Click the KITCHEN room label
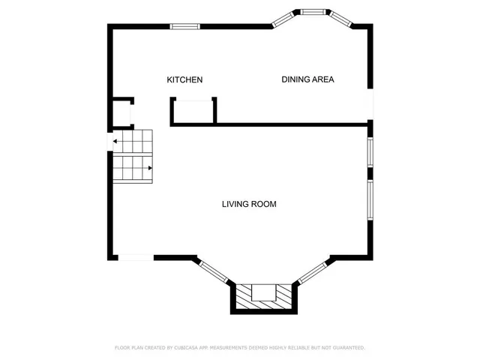[184, 80]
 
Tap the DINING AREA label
[307, 79]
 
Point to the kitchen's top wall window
[184, 26]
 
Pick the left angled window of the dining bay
[284, 18]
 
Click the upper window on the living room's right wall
[370, 151]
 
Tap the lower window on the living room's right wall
[370, 199]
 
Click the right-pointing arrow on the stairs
[149, 167]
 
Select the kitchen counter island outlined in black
[193, 111]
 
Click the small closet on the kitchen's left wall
[121, 113]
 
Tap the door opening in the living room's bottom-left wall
[136, 257]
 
